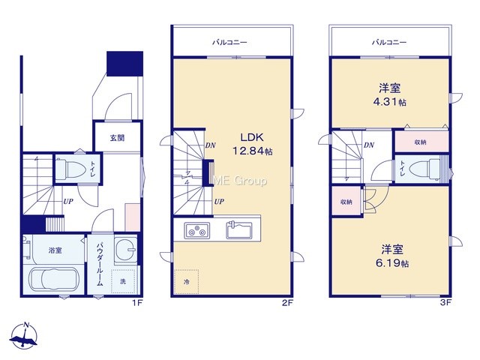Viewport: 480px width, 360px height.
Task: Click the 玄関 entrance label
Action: click(117, 138)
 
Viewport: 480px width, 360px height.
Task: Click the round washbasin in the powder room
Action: click(125, 249)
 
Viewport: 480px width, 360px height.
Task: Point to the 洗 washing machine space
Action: click(123, 281)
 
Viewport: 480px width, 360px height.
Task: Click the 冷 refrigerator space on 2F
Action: click(187, 282)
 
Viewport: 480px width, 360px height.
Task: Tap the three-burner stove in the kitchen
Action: click(196, 230)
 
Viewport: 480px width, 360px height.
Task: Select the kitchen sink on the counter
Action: click(239, 230)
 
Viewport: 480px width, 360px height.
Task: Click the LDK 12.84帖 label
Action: click(253, 144)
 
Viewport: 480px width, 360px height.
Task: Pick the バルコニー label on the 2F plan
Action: click(230, 42)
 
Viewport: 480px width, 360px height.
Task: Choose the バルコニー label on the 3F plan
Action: click(389, 42)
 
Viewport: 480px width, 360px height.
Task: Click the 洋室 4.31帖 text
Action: click(390, 95)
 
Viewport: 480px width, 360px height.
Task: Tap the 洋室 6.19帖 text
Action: click(391, 256)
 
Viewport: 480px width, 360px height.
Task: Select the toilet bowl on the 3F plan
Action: click(424, 169)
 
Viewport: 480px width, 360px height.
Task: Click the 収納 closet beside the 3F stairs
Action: click(346, 202)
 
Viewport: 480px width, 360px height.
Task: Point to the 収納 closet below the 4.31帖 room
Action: click(421, 142)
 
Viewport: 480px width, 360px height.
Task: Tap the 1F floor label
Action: click(137, 303)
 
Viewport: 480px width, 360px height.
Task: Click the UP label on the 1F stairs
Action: click(68, 202)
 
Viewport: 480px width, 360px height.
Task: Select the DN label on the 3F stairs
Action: click(369, 145)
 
